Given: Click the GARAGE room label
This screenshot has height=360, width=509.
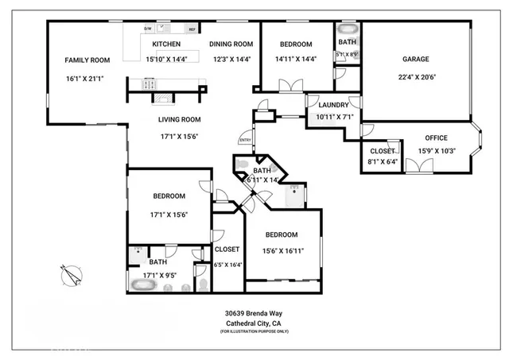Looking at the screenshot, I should pos(415,59).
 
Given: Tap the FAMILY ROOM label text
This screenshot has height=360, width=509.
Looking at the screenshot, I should pos(86,60).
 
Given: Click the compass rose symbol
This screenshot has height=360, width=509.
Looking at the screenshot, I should pos(72,276).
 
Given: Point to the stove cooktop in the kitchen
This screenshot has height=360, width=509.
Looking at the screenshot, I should pos(150,82).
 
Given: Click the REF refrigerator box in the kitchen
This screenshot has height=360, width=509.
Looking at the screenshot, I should pos(192,29).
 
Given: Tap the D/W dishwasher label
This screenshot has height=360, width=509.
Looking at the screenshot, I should pos(148,29).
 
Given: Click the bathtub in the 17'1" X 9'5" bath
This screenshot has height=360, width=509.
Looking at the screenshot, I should pos(146,285).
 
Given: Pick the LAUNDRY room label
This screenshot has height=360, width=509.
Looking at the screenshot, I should pos(334,105).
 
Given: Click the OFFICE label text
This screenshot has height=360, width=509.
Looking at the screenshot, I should pos(435,137).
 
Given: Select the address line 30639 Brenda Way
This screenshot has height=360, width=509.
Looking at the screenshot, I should pos(254,313).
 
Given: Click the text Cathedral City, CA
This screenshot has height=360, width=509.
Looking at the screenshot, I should pos(254,323).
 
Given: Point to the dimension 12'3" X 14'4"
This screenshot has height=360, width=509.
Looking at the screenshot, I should pos(231,59).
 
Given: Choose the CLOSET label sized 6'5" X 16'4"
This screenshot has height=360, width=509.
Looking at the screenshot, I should pos(227,249).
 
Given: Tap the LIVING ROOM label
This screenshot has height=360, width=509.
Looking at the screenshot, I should pos(179,119).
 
